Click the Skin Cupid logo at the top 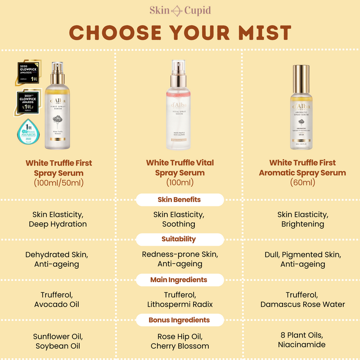[180, 10]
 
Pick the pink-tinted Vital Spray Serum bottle [180, 108]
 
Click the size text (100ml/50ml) [58, 183]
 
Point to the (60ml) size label [302, 183]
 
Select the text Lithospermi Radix [180, 304]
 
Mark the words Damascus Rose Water [302, 304]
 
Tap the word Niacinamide [302, 345]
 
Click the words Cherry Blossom [180, 346]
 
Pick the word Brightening [302, 224]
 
